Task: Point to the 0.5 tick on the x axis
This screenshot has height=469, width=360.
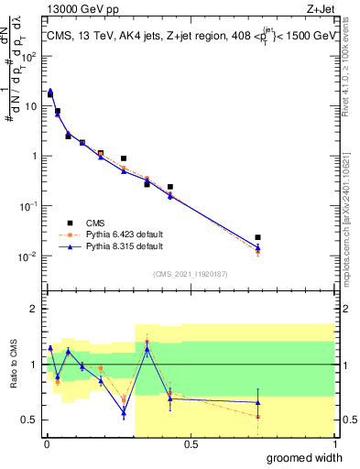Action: point(191,444)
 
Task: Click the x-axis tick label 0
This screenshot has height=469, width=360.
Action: point(47,444)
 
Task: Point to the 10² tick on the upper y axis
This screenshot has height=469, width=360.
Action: point(29,56)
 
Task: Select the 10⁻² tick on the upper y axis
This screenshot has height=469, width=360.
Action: point(29,256)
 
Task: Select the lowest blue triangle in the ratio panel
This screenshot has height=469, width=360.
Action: point(124,412)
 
